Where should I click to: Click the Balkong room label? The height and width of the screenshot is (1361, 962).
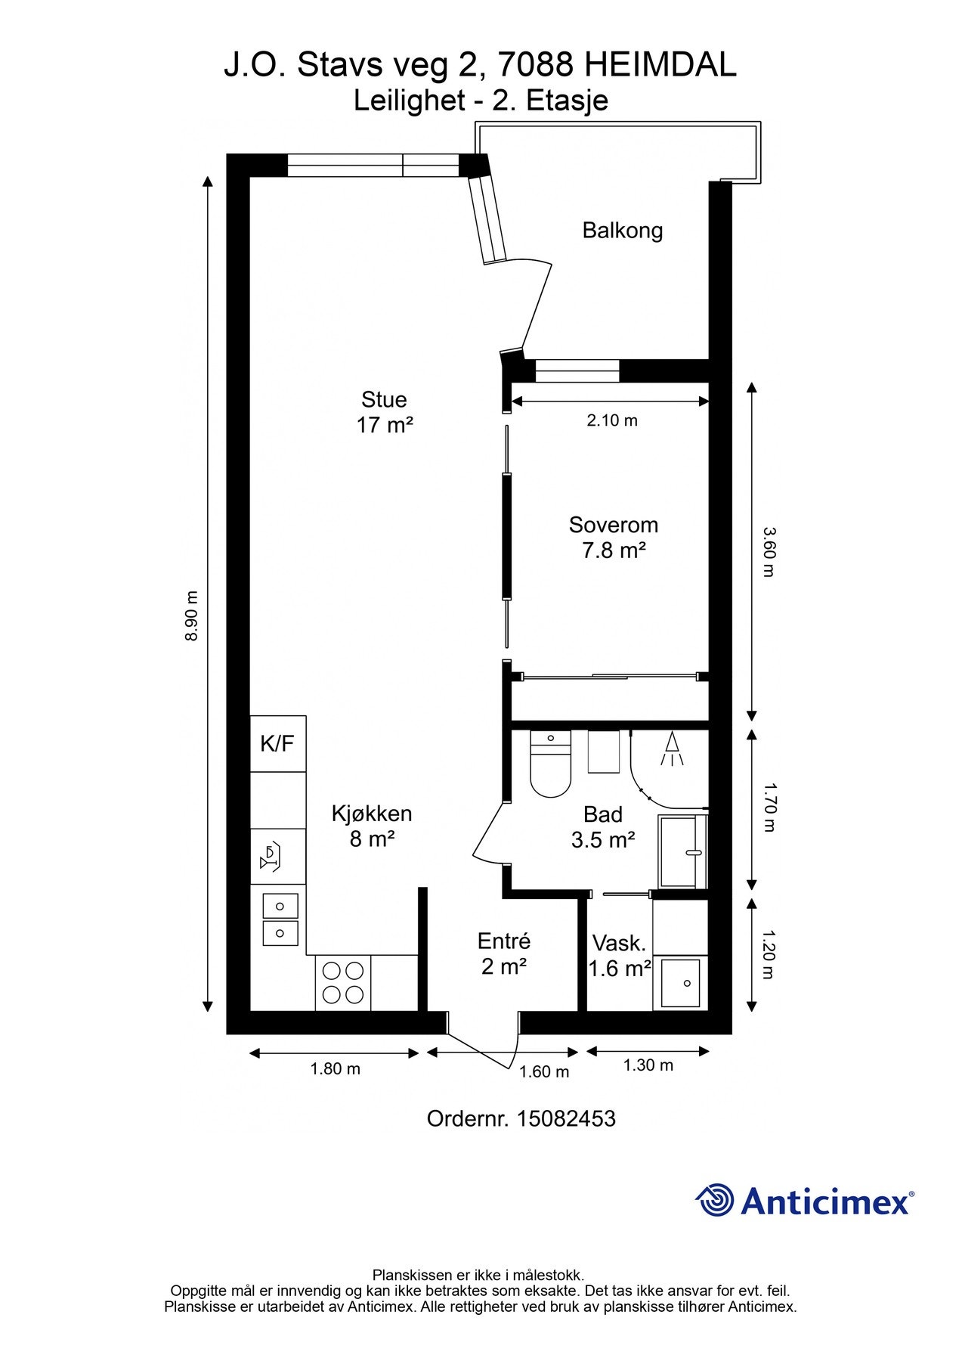coord(622,230)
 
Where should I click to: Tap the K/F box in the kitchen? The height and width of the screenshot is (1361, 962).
coord(278,743)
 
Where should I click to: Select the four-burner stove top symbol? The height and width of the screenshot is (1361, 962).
coord(343,982)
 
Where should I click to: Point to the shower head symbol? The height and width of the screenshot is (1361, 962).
coord(672,749)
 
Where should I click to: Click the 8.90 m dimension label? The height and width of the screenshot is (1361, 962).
coord(192,615)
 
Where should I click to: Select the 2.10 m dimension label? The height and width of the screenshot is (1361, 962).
coord(612,420)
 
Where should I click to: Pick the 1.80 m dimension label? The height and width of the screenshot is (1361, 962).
coord(335,1068)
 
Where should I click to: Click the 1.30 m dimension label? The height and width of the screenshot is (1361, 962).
coord(648,1065)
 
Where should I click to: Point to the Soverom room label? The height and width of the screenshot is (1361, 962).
coord(614,524)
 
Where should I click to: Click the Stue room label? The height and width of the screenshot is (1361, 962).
coord(384,399)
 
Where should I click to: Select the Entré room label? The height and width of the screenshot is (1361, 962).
coord(504,941)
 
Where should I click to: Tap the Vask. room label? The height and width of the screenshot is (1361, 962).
coord(620,944)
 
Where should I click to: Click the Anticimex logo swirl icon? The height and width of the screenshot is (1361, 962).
coord(715,1200)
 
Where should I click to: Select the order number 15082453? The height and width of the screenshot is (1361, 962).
coord(566,1118)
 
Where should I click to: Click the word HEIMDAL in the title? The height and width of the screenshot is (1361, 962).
coord(660,67)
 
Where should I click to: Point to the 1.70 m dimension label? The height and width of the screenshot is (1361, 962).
coord(768,808)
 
